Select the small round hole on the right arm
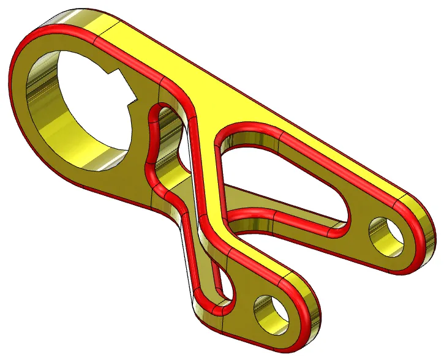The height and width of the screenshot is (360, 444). [387, 231]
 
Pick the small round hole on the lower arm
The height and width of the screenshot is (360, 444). [272, 311]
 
